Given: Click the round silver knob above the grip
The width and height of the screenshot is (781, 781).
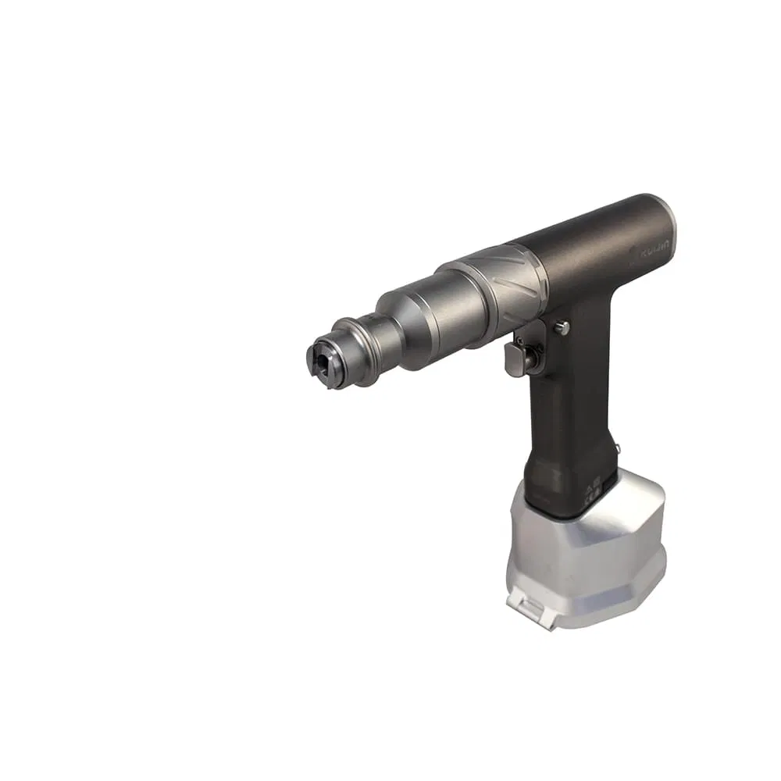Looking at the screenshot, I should (561, 328).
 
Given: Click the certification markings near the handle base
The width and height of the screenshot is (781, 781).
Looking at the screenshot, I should (591, 488).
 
